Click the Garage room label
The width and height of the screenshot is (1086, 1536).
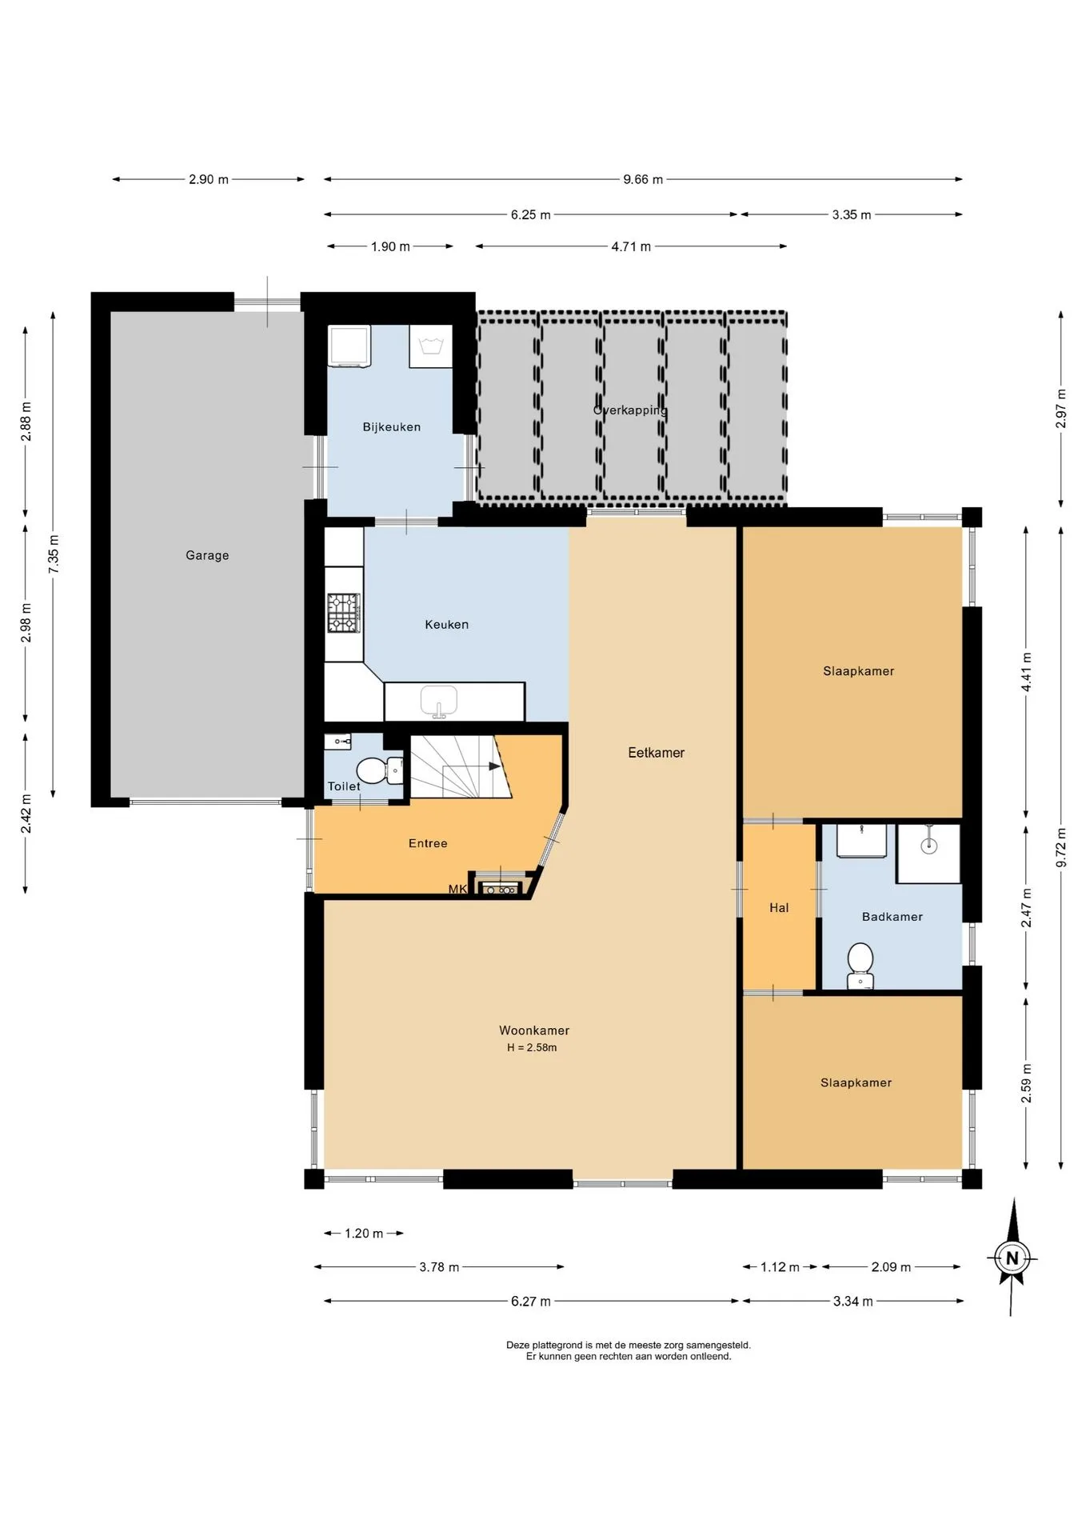[207, 555]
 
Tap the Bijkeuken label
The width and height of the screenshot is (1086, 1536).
[392, 427]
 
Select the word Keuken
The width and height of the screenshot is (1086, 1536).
[447, 625]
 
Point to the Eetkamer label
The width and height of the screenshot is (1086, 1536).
[657, 753]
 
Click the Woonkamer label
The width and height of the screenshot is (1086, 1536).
[534, 1030]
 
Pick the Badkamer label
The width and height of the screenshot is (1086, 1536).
[892, 917]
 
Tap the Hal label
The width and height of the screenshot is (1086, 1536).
[779, 908]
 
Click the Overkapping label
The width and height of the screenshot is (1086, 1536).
[630, 410]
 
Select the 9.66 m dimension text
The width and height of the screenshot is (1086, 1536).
[643, 179]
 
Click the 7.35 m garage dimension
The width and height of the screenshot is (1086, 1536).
[54, 554]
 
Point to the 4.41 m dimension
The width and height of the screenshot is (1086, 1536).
[1027, 673]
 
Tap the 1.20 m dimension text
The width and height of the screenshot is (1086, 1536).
[364, 1234]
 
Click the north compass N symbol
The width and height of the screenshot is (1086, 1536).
[1012, 1258]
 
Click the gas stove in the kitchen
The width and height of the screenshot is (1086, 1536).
[344, 613]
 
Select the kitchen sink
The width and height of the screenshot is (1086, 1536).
[439, 701]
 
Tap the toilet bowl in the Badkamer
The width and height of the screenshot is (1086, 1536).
[860, 966]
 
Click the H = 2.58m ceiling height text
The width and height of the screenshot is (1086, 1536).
[532, 1047]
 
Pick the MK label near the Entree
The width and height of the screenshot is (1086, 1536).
[457, 889]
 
